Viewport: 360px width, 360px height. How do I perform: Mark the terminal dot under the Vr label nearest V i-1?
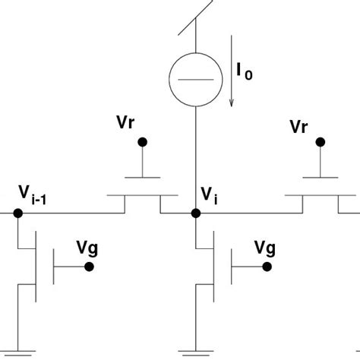pyautogui.click(x=141, y=142)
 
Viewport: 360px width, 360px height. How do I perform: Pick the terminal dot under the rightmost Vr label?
pyautogui.click(x=321, y=141)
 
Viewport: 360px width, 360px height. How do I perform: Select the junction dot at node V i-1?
pyautogui.click(x=17, y=213)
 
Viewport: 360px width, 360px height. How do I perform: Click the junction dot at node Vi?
pyautogui.click(x=196, y=213)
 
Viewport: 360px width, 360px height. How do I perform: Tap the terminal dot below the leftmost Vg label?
pyautogui.click(x=90, y=267)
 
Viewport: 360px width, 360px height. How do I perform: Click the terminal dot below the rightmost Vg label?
pyautogui.click(x=267, y=267)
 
